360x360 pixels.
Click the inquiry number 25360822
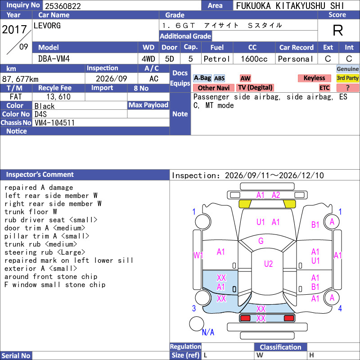63,6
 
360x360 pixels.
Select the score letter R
338,30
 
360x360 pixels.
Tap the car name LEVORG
47,26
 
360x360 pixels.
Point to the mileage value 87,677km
20,79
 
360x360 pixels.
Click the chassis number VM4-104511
54,123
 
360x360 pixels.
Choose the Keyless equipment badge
314,78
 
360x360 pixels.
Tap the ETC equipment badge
324,88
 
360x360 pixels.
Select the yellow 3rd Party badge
347,78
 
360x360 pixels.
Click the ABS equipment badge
219,78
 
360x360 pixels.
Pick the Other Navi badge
213,88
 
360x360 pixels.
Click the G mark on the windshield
261,241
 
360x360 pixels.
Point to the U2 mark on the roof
268,264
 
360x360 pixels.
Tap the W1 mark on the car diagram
198,255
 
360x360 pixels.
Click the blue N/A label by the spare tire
208,332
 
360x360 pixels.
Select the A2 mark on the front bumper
276,195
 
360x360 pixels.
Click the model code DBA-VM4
54,59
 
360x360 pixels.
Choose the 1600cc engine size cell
254,59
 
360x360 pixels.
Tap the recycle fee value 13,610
58,97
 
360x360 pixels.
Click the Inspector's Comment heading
40,175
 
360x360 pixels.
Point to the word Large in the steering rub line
71,252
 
